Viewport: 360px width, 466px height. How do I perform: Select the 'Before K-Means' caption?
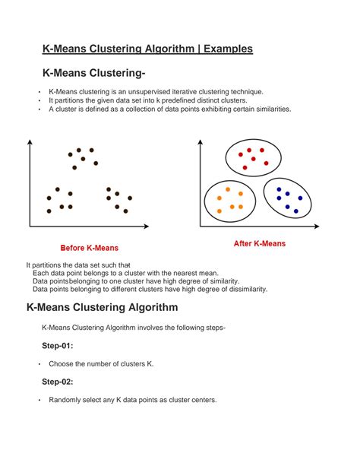click(x=89, y=249)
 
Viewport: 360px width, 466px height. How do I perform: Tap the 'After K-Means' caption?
click(x=259, y=244)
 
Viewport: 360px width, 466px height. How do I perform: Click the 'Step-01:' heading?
click(x=58, y=346)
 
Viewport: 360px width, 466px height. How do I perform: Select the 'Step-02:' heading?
click(x=58, y=382)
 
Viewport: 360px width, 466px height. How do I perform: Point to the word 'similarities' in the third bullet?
click(x=269, y=109)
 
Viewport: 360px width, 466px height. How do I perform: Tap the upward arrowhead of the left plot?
click(x=29, y=142)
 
